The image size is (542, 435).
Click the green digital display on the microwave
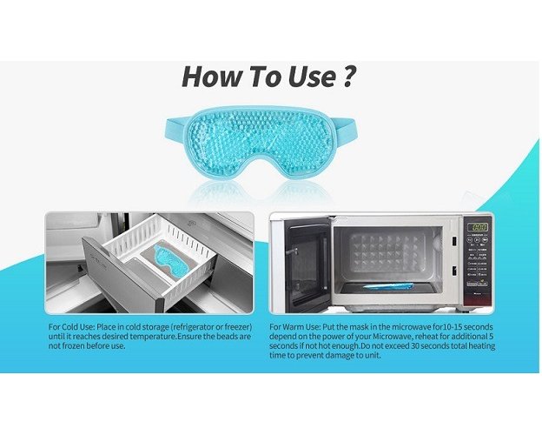coord(478,227)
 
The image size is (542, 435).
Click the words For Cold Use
coord(71,327)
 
